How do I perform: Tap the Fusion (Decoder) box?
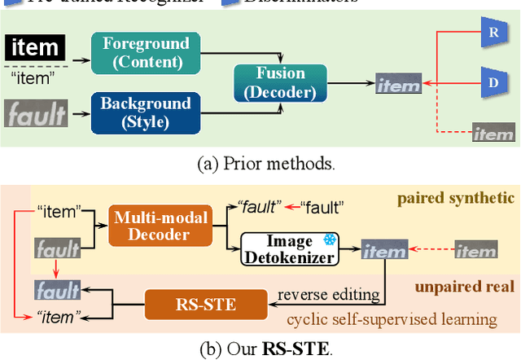[x=281, y=82]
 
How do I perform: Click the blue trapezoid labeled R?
[x=492, y=33]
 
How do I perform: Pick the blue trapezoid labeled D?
[x=491, y=83]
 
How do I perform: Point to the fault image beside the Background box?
[x=36, y=114]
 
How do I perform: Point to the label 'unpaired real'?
[x=464, y=286]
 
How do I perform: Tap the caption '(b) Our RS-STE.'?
[x=259, y=350]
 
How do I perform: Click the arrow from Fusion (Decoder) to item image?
[x=350, y=82]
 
